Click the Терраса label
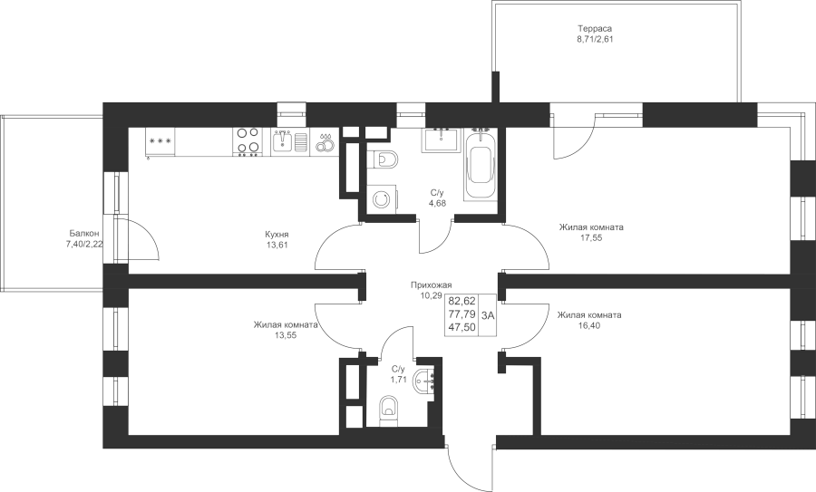pyautogui.click(x=595, y=28)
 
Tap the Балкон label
pyautogui.click(x=83, y=234)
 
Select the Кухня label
pyautogui.click(x=277, y=235)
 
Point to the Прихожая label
pyautogui.click(x=431, y=285)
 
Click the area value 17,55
pyautogui.click(x=591, y=237)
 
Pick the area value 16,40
pyautogui.click(x=589, y=325)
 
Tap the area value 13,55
pyautogui.click(x=286, y=335)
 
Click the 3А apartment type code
pyautogui.click(x=488, y=314)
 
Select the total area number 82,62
pyautogui.click(x=461, y=301)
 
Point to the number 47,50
pyautogui.click(x=461, y=327)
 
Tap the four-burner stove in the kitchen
pyautogui.click(x=248, y=141)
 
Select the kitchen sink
pyautogui.click(x=283, y=141)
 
